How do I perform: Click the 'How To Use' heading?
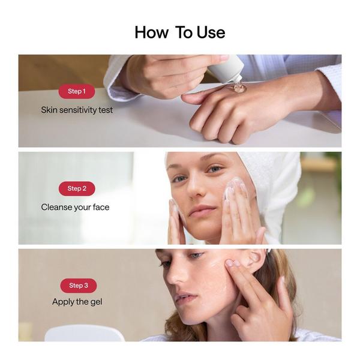pos(180,32)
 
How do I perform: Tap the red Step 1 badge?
pos(77,91)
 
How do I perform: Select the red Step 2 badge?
pos(77,188)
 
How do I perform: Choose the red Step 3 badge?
pos(79,286)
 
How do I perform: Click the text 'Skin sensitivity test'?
pos(77,110)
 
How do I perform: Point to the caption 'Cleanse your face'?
pos(76,208)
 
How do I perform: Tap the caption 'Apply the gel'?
pos(77,302)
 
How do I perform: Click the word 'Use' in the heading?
pos(211,32)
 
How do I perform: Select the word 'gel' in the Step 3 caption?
pos(96,302)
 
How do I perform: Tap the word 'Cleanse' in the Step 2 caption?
pos(56,208)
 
